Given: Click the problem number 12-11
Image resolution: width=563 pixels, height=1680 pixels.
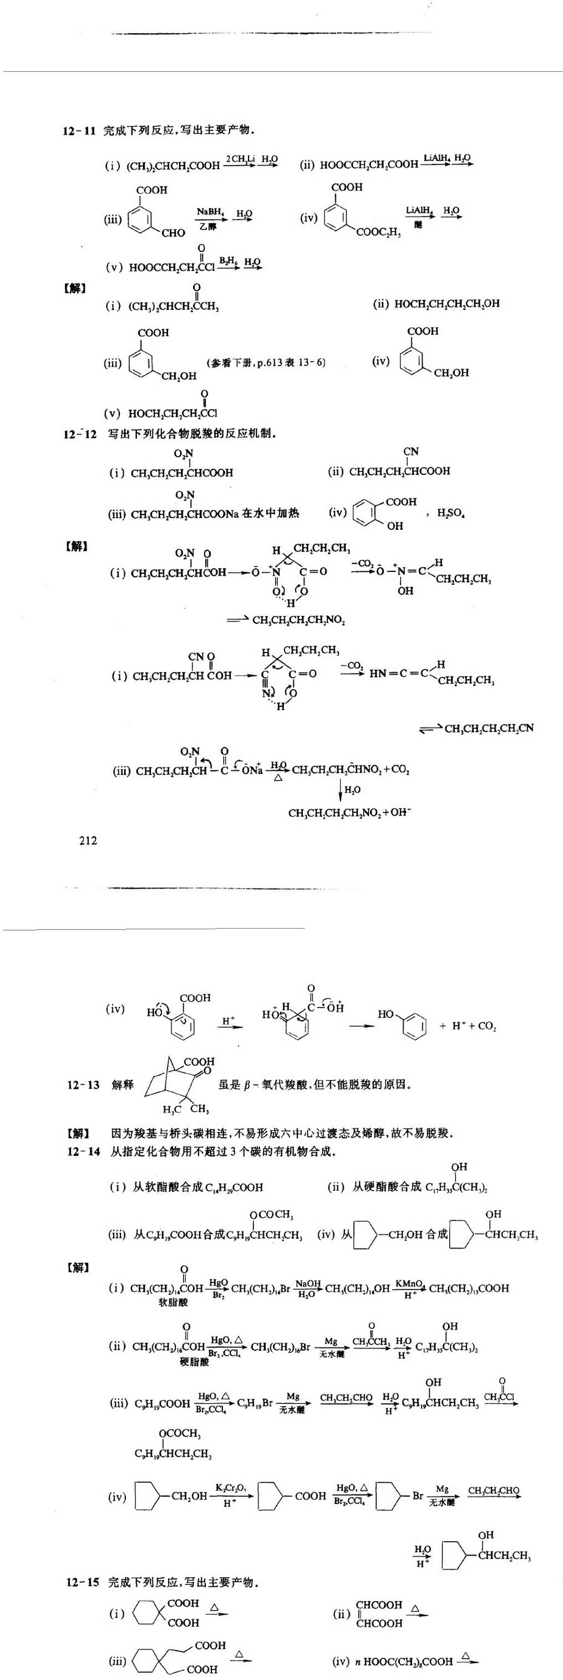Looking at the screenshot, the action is pyautogui.click(x=79, y=131).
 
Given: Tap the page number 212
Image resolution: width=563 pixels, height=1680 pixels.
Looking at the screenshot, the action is pyautogui.click(x=88, y=841).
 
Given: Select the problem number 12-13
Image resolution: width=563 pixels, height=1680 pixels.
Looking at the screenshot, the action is pyautogui.click(x=83, y=1085).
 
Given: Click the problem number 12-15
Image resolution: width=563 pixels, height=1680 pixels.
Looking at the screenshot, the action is pyautogui.click(x=83, y=1582).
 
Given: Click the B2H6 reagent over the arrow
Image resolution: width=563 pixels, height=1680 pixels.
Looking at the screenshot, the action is pyautogui.click(x=227, y=261).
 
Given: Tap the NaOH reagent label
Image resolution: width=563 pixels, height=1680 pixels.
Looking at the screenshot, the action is pyautogui.click(x=307, y=1283).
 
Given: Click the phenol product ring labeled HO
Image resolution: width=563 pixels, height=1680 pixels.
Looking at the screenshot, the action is pyautogui.click(x=413, y=1025).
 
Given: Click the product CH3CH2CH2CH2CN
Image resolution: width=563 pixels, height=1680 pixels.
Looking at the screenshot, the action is pyautogui.click(x=489, y=728).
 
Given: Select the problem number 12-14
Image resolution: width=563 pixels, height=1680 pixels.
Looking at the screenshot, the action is pyautogui.click(x=83, y=1151).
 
